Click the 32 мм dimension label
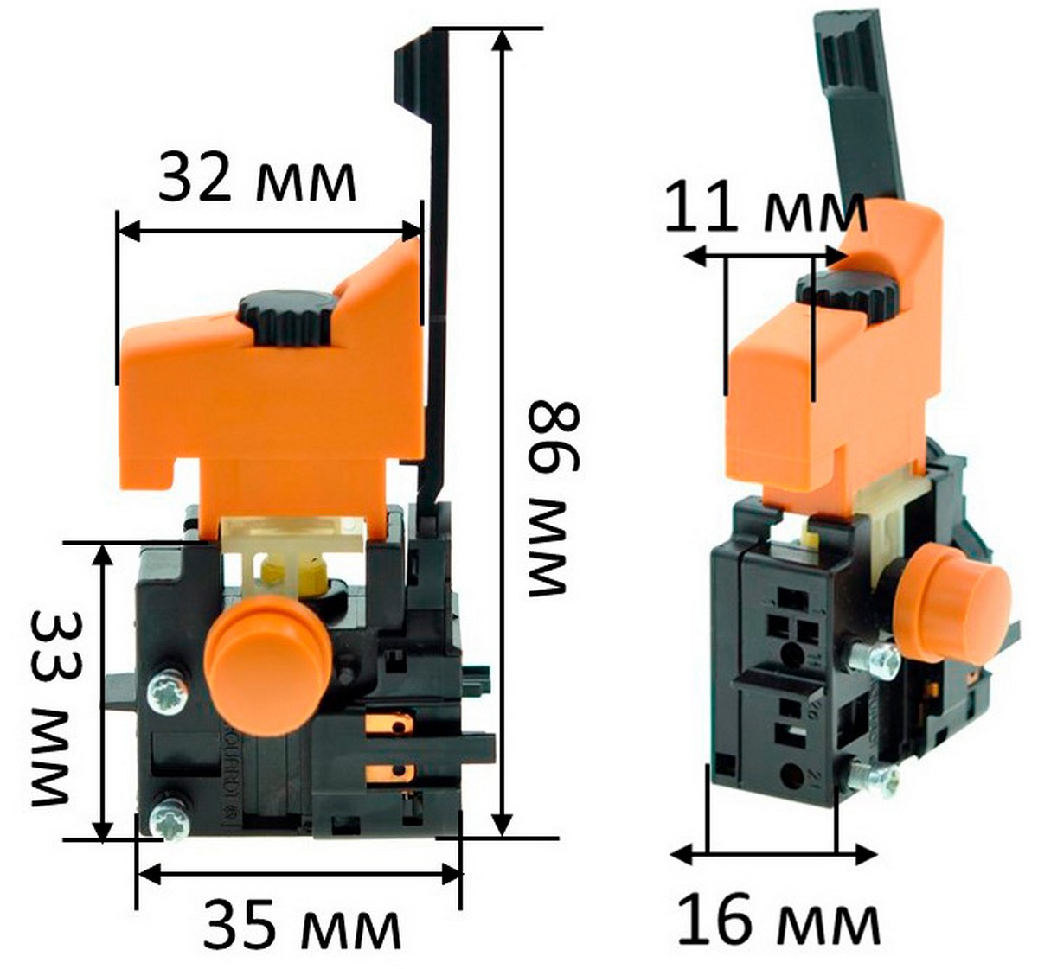coord(257,180)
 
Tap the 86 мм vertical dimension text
coord(554,499)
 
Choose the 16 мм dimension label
coord(778,921)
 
